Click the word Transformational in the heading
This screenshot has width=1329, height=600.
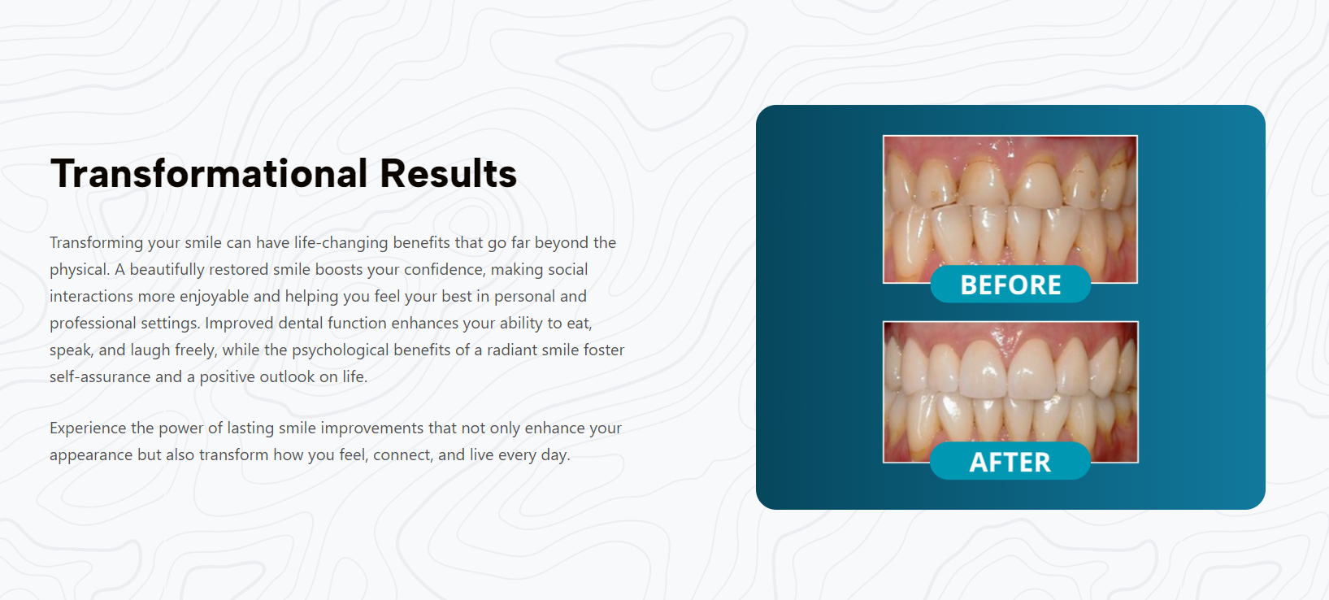click(x=209, y=173)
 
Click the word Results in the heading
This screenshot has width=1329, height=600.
click(x=448, y=173)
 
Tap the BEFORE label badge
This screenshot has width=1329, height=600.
click(x=1010, y=285)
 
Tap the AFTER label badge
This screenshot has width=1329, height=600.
click(x=1010, y=461)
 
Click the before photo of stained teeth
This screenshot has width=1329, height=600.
click(x=1010, y=202)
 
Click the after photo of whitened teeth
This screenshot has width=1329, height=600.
click(x=1010, y=383)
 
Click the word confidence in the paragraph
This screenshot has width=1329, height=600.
click(x=445, y=269)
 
